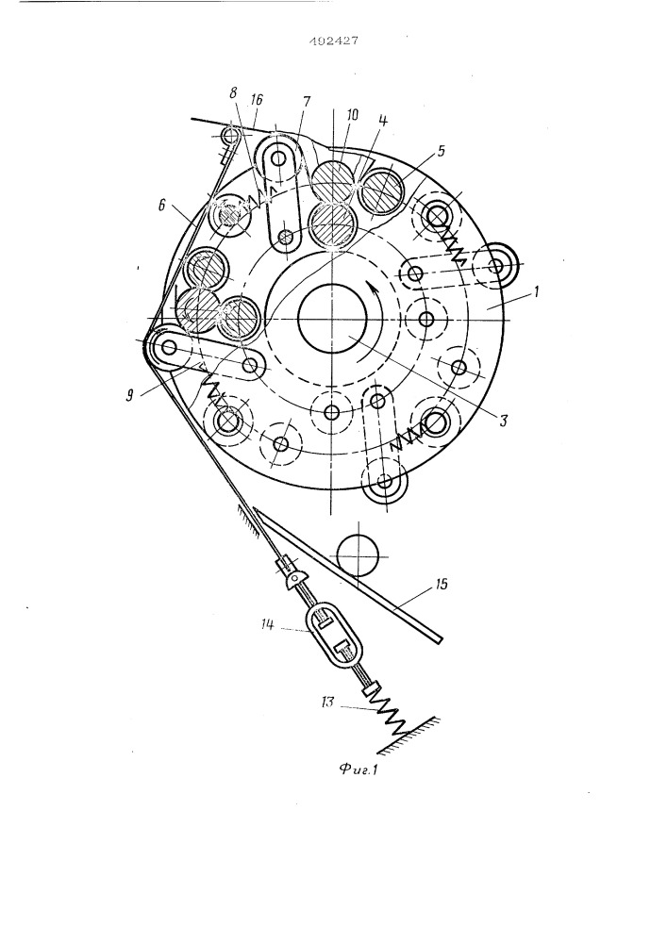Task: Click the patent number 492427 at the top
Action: [334, 41]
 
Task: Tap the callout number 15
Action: [441, 584]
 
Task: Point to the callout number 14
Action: [268, 625]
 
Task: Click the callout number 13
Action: [326, 702]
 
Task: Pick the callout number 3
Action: [503, 421]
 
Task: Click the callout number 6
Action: [160, 206]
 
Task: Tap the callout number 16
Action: [258, 99]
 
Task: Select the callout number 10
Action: [353, 114]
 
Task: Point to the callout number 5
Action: [441, 151]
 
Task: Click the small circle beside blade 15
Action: [357, 554]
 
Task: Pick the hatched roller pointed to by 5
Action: [385, 190]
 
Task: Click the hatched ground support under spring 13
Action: [410, 735]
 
